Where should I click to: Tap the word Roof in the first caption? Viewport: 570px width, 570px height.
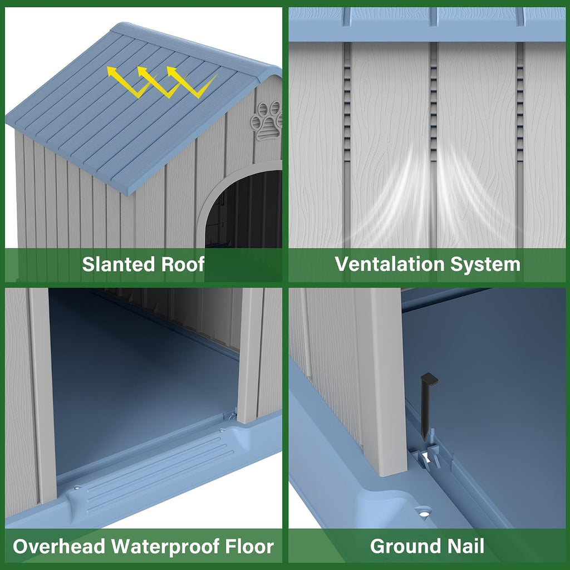(183, 264)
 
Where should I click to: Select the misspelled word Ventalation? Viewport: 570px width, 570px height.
(390, 264)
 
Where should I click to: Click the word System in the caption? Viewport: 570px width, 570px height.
(485, 265)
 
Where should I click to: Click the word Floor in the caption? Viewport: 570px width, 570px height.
(249, 547)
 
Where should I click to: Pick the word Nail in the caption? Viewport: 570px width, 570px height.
(466, 546)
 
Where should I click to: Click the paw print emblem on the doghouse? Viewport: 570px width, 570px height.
(268, 121)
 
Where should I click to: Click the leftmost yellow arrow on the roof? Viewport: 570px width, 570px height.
(130, 81)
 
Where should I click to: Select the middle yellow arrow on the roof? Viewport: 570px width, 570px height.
(160, 81)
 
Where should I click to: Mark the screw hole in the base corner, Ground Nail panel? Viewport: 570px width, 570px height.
(424, 513)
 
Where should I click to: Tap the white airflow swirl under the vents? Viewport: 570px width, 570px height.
(427, 193)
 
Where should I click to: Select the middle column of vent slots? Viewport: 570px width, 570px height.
(433, 109)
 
